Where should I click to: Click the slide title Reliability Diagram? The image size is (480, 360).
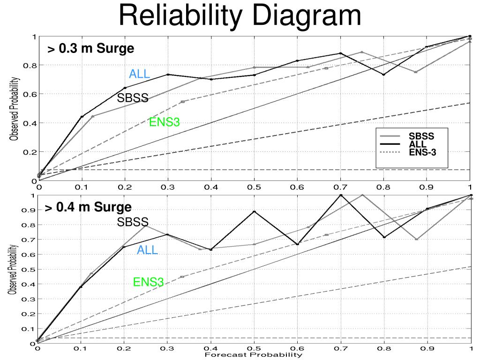[x=240, y=15]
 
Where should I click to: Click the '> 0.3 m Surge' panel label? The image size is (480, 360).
[x=90, y=49]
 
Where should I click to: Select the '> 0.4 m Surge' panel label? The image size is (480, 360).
[x=88, y=207]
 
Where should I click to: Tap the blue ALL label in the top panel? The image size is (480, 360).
[x=140, y=74]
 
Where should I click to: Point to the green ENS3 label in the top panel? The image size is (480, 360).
[x=165, y=123]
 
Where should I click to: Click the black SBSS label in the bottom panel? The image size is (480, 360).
[x=133, y=222]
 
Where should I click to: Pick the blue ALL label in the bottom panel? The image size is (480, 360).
[x=147, y=251]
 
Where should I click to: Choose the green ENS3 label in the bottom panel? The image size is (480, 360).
[x=148, y=282]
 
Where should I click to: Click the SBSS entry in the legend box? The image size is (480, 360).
[x=421, y=136]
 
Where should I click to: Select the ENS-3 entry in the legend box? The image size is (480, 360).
[x=422, y=151]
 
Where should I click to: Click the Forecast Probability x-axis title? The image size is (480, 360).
[x=253, y=355]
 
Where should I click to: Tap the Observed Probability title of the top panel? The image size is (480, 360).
[x=15, y=109]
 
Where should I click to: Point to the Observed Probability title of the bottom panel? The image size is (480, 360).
[x=15, y=270]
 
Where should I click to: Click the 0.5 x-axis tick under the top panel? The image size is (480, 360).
[x=254, y=187]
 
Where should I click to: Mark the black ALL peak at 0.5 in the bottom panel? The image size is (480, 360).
[x=254, y=211]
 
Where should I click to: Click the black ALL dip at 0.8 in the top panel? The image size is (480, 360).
[x=383, y=75]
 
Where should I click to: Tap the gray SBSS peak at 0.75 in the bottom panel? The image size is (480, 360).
[x=362, y=195]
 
